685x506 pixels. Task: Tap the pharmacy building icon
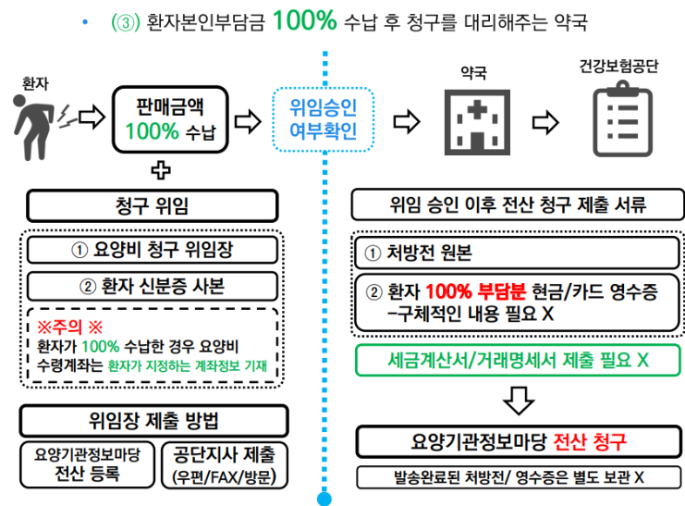[477, 122]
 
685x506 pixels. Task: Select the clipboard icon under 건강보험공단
[622, 119]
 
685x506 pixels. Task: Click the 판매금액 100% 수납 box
[170, 119]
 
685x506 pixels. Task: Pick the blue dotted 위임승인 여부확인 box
[324, 119]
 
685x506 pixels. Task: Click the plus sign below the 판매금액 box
[161, 170]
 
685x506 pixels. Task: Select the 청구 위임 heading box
[152, 205]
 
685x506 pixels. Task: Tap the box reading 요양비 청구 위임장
[152, 250]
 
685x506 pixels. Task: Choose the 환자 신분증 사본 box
[152, 287]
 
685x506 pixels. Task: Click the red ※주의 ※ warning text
[70, 327]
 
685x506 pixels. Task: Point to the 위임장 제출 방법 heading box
[153, 421]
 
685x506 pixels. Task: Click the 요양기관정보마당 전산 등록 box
[88, 464]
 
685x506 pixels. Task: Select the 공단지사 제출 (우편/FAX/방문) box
[225, 465]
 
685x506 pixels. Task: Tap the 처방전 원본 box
[518, 253]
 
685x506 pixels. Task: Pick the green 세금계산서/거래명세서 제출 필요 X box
[518, 360]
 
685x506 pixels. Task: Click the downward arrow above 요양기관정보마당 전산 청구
[519, 401]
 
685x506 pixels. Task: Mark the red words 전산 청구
[590, 442]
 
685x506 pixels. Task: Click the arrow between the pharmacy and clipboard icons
[545, 122]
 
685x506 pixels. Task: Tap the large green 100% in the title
[304, 20]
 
